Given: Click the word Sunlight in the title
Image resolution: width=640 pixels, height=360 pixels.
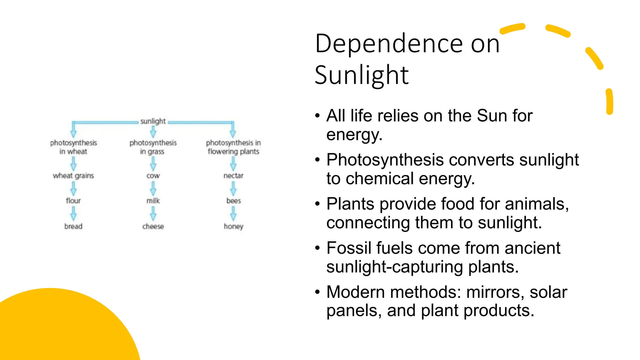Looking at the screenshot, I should [362, 75].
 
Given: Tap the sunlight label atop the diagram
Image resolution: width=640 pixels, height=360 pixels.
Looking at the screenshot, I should [153, 121].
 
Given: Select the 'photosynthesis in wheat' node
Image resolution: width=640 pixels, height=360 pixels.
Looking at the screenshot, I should [73, 147].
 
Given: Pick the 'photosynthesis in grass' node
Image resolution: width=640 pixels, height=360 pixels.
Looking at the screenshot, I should [153, 147].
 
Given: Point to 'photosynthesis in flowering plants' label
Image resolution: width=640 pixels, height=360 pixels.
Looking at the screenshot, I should [233, 147].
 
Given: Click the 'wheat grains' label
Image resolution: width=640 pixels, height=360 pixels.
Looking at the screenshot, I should [73, 176].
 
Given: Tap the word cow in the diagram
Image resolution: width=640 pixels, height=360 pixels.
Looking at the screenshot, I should [153, 176].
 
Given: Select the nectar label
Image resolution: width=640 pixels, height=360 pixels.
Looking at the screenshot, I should [233, 176].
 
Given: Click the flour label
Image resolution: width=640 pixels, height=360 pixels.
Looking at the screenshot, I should [73, 201].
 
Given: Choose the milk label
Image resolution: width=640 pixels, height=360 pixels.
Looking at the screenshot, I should [153, 201].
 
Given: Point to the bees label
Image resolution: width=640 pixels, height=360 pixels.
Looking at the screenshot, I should [233, 201].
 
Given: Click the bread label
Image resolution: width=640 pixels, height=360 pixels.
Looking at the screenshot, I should [73, 226].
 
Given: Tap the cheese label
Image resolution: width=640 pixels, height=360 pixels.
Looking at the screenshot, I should [153, 226].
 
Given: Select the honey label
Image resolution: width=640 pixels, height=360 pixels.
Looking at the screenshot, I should [233, 226].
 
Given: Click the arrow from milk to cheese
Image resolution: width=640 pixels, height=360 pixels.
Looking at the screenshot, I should [153, 214].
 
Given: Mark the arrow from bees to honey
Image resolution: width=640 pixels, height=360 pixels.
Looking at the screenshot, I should [233, 214].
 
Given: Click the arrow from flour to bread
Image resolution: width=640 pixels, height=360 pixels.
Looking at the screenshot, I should [73, 214].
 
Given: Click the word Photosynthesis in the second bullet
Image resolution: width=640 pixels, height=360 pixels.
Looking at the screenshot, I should [385, 160].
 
